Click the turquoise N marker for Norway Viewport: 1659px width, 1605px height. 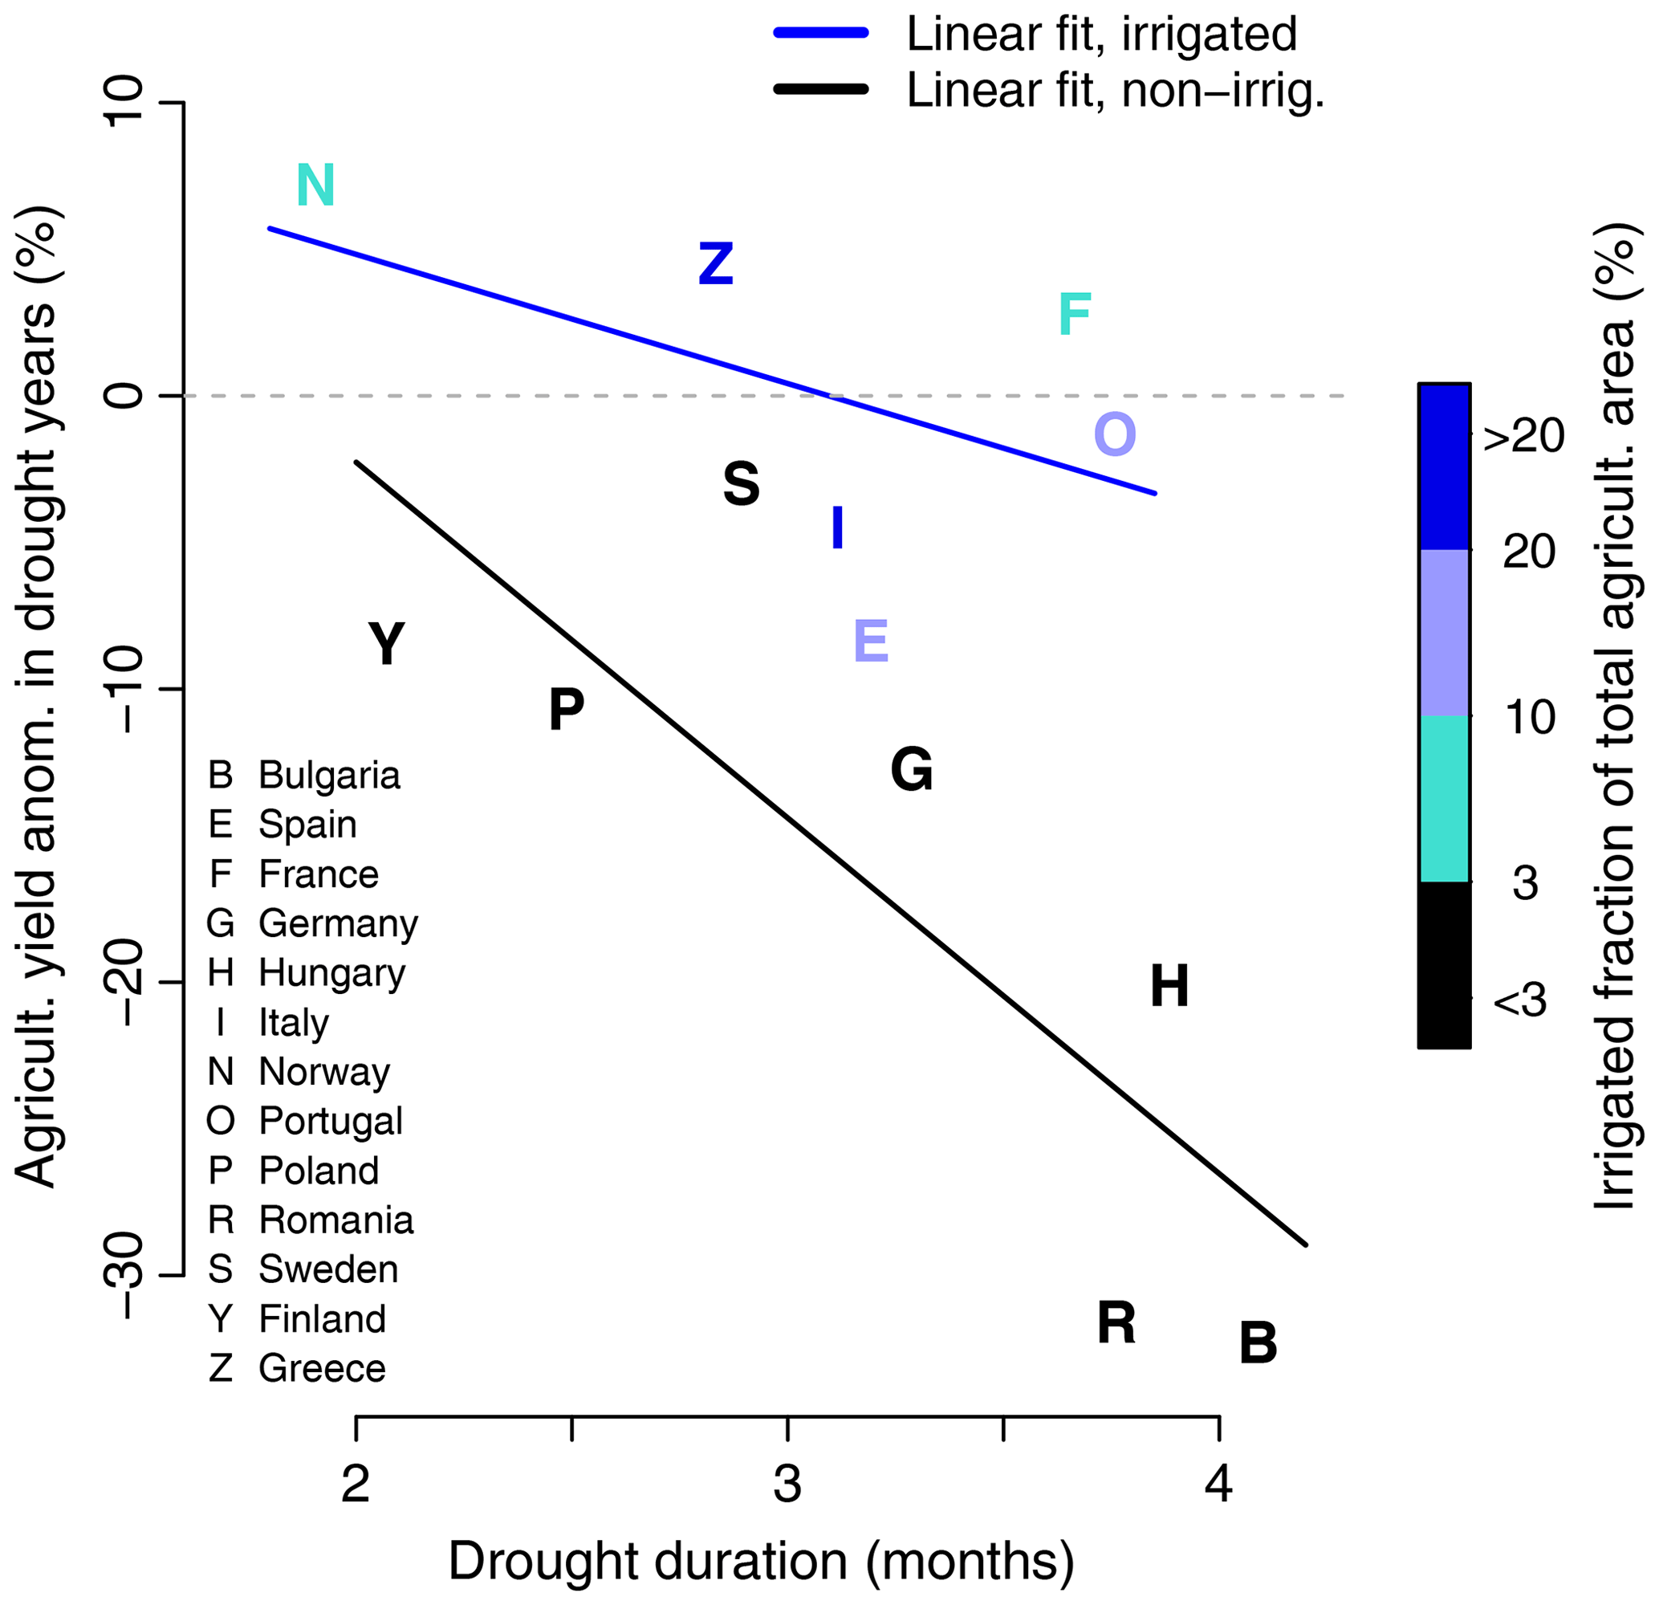click(x=315, y=185)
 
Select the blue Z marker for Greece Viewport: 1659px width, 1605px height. click(x=715, y=263)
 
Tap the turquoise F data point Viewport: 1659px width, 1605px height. click(x=1075, y=314)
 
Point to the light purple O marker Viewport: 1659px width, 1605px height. click(x=1115, y=434)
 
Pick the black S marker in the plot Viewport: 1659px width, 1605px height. click(x=742, y=484)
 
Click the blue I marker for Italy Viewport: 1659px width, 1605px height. click(x=837, y=528)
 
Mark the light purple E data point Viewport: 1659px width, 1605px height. click(x=871, y=641)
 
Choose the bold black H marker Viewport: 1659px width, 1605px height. click(x=1169, y=986)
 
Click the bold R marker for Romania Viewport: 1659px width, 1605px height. click(x=1116, y=1323)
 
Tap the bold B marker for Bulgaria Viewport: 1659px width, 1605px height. click(x=1258, y=1343)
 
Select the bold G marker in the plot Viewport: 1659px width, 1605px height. click(x=912, y=770)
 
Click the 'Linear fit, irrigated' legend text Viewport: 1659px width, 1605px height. click(x=1101, y=34)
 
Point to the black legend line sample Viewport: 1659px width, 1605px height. click(x=821, y=89)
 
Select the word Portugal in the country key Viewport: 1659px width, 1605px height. click(x=331, y=1121)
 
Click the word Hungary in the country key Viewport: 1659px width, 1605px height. click(x=331, y=972)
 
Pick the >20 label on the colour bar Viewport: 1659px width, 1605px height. click(x=1524, y=437)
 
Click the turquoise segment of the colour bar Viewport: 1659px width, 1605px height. click(x=1444, y=798)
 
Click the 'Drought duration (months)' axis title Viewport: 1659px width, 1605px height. click(x=761, y=1560)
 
